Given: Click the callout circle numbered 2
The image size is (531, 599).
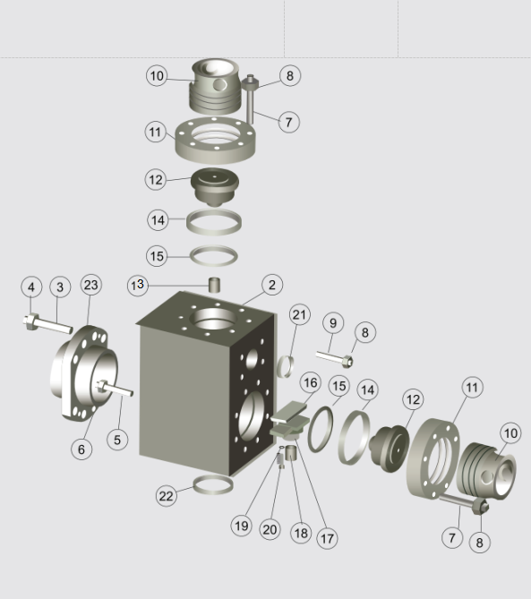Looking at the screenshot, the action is pos(272,285).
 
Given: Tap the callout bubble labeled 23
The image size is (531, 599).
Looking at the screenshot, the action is pos(91,285).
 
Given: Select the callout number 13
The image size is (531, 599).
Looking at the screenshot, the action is pos(138,285).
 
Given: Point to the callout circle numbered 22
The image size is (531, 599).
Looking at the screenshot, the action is pos(167,496).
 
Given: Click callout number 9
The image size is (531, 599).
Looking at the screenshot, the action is pos(333,323).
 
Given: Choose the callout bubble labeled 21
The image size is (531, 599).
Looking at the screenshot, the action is pos(299,315).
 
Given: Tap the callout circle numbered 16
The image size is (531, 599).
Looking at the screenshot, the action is pos(310,382).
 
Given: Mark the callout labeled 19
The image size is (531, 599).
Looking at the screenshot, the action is pos(242,526).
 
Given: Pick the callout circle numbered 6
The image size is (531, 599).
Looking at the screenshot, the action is pos(81,449).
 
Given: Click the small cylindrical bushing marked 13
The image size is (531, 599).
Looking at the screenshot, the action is pos(215,285).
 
